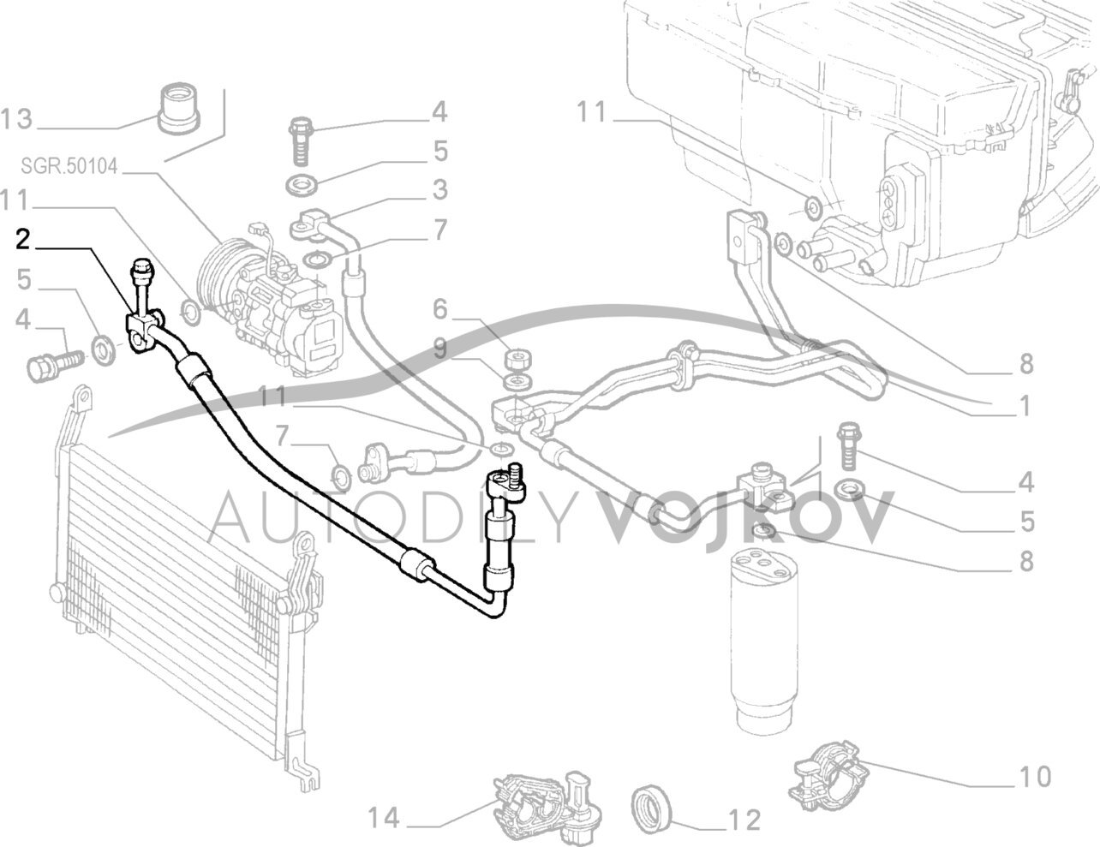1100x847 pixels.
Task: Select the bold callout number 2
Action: (x=24, y=241)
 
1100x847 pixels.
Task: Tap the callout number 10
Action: (x=1035, y=777)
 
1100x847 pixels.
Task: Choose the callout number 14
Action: (x=385, y=820)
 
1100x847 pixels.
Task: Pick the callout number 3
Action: (x=439, y=189)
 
